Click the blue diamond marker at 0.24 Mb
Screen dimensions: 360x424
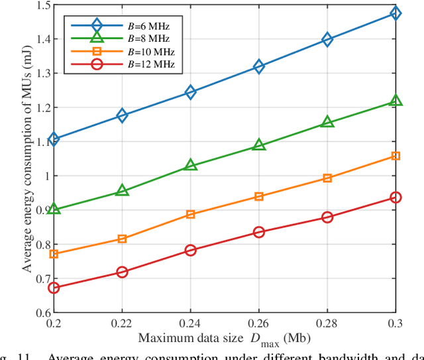point(190,92)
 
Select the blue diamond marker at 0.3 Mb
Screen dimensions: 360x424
point(396,13)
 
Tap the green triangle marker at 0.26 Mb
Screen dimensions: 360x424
point(259,145)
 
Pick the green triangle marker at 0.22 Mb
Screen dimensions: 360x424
point(122,191)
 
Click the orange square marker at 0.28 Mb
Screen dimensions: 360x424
point(327,178)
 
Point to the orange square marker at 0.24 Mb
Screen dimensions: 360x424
point(190,214)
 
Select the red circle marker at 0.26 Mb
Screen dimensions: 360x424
point(259,232)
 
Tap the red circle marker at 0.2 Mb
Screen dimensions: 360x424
point(54,288)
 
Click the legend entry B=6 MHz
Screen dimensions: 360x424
point(126,25)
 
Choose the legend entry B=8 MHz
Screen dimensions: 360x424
point(126,38)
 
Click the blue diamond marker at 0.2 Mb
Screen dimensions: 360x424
point(54,139)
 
